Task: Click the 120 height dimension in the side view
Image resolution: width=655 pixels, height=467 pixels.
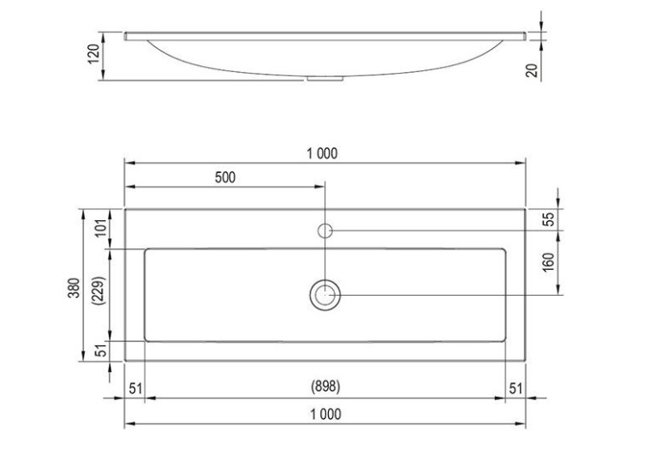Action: [x=94, y=54]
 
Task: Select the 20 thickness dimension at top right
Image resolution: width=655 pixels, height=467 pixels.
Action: [x=533, y=69]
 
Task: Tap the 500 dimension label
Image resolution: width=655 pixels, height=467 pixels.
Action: [x=225, y=177]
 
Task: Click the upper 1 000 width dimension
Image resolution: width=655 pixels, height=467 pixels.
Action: [x=322, y=153]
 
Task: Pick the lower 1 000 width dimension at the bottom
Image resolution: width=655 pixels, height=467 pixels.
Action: [x=325, y=414]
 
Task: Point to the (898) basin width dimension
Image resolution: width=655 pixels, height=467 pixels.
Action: [x=325, y=386]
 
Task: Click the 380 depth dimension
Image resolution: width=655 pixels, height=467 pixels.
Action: [x=74, y=288]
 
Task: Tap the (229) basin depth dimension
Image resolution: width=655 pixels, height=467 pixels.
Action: [x=100, y=290]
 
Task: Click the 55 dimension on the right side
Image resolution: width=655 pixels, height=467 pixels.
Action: [x=551, y=219]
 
